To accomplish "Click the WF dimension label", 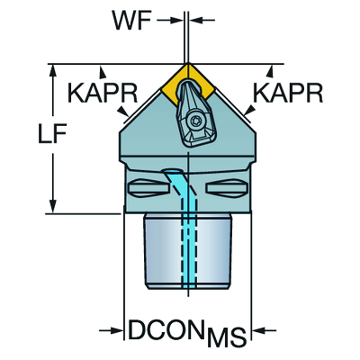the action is [131, 21].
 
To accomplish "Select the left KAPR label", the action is [103, 93].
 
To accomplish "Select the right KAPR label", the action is [288, 93].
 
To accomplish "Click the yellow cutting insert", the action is [188, 84].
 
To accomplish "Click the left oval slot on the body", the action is [148, 188].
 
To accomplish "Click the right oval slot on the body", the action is [227, 188].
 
